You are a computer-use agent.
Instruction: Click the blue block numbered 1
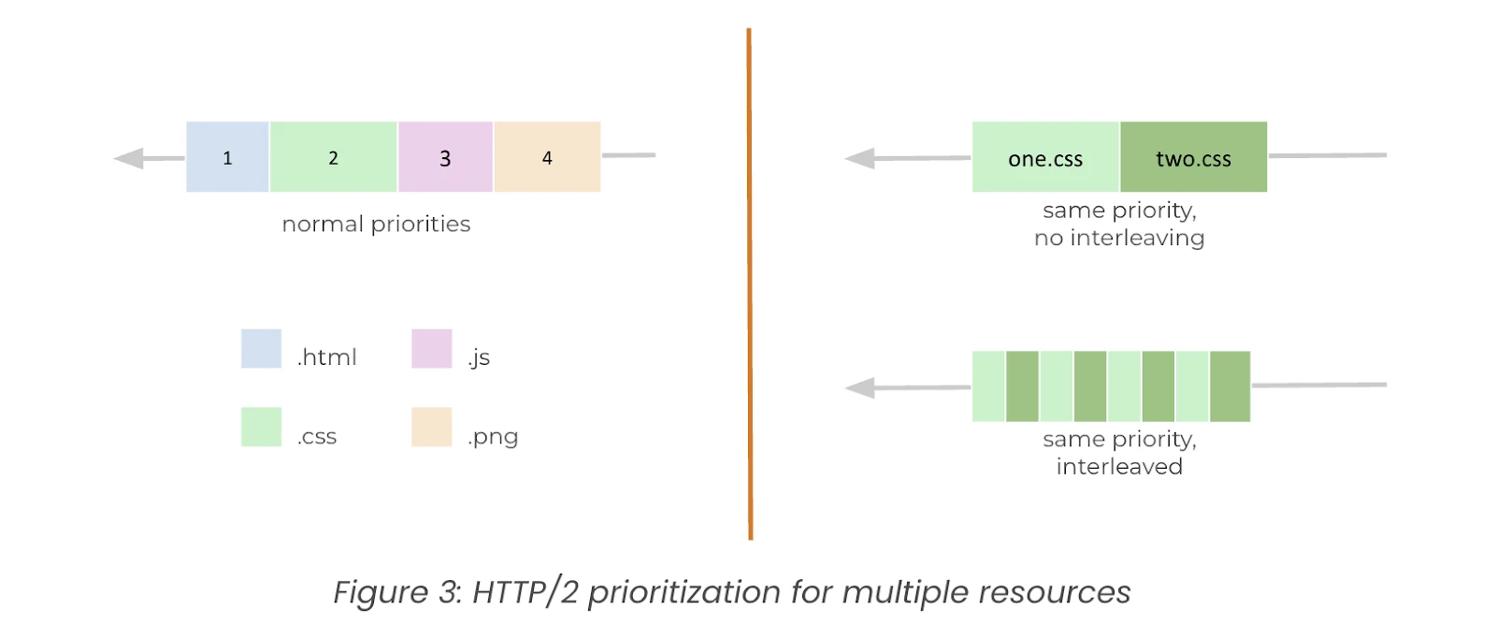point(227,157)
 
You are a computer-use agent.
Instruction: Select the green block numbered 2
point(333,157)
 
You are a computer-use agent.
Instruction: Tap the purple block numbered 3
point(445,157)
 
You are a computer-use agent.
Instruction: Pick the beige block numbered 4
point(548,157)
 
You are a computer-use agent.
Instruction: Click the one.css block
point(1045,157)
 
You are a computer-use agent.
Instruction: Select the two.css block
point(1193,157)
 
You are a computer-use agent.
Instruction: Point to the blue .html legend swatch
point(261,348)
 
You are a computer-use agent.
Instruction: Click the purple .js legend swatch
point(431,348)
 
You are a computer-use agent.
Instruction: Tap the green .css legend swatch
point(261,427)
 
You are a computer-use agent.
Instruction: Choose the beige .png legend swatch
point(431,427)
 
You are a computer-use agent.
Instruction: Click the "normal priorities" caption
point(376,225)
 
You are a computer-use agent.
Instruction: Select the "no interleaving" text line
point(1119,238)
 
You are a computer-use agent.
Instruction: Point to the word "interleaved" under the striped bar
point(1119,467)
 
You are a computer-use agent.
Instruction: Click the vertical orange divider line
point(749,284)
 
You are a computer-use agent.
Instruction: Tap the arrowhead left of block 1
point(128,158)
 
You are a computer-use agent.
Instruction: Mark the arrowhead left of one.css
point(859,158)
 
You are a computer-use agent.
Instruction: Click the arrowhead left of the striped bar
point(859,387)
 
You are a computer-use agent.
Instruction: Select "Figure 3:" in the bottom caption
point(397,592)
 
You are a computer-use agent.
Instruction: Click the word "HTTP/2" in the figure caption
point(525,592)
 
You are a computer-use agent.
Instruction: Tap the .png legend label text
point(493,437)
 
